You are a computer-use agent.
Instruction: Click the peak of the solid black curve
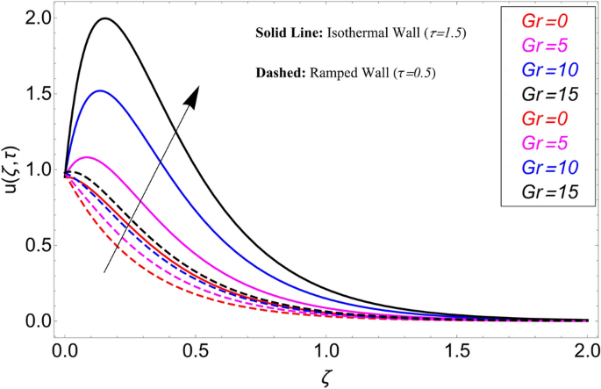(105, 18)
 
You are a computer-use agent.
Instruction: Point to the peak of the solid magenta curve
(87, 157)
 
